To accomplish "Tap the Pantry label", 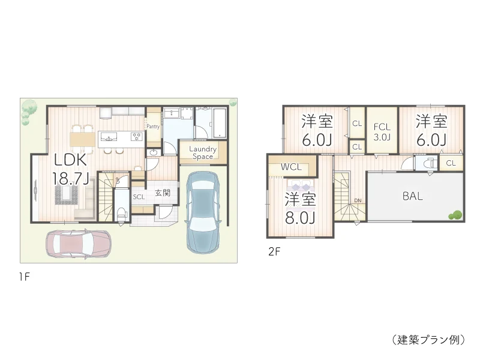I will tap(153, 127).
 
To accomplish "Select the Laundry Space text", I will tap(203, 152).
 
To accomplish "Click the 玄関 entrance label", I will tap(163, 193).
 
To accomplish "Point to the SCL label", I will tap(139, 196).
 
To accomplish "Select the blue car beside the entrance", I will tap(203, 210).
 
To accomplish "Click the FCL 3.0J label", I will tap(382, 132).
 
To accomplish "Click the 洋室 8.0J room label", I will tap(300, 208).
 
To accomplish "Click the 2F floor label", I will tap(274, 253).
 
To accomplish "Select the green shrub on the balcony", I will tap(456, 214).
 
